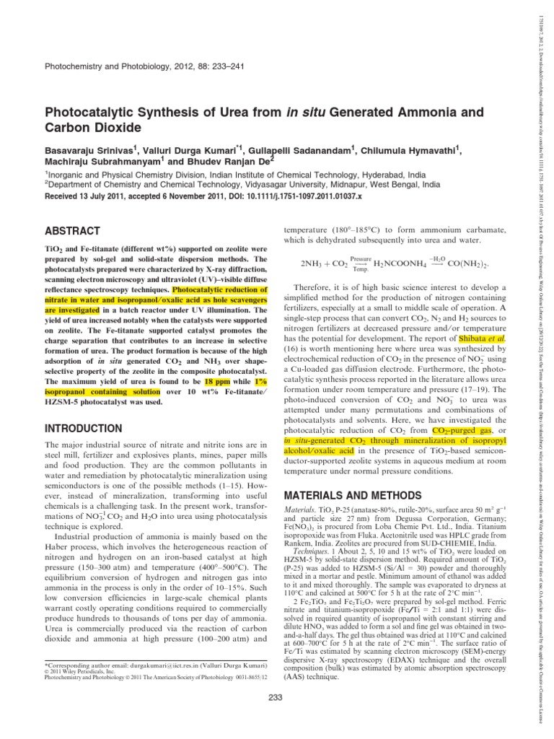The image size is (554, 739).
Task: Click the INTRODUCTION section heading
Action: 84,429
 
